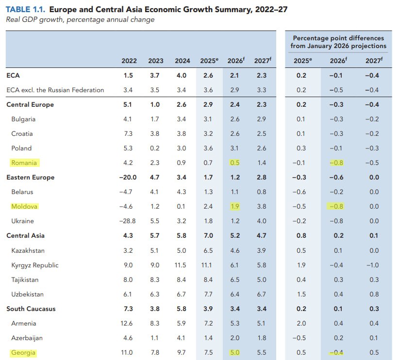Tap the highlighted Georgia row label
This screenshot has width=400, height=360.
(x=23, y=353)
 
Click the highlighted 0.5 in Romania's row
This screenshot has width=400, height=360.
(x=234, y=163)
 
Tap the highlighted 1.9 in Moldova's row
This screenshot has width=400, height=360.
(x=234, y=207)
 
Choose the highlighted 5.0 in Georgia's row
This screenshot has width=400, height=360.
(x=234, y=353)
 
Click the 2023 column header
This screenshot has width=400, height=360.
(x=156, y=61)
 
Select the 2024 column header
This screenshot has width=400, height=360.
(x=182, y=61)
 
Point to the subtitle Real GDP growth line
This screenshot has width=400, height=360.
(x=80, y=19)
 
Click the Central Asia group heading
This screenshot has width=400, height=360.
(x=25, y=235)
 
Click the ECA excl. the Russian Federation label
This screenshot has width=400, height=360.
(x=55, y=90)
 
